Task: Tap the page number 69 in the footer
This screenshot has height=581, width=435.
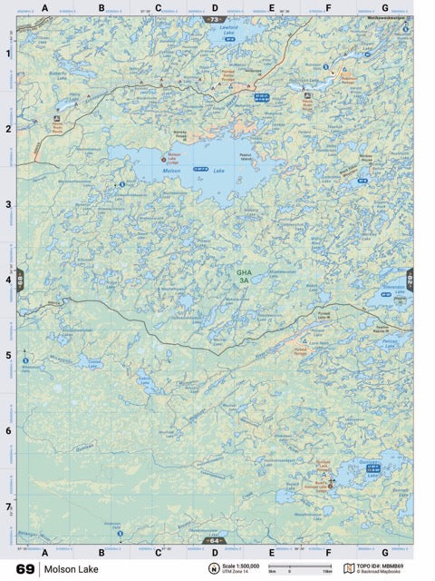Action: coord(24,569)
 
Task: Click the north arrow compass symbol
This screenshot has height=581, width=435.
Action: coord(214,568)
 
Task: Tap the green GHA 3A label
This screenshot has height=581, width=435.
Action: coord(243,277)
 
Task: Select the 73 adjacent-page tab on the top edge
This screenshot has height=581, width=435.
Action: coord(214,18)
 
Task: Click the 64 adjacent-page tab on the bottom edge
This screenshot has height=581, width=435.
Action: coord(214,541)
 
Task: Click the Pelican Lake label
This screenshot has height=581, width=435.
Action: coord(390,342)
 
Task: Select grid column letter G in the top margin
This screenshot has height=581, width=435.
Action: coord(385,7)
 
